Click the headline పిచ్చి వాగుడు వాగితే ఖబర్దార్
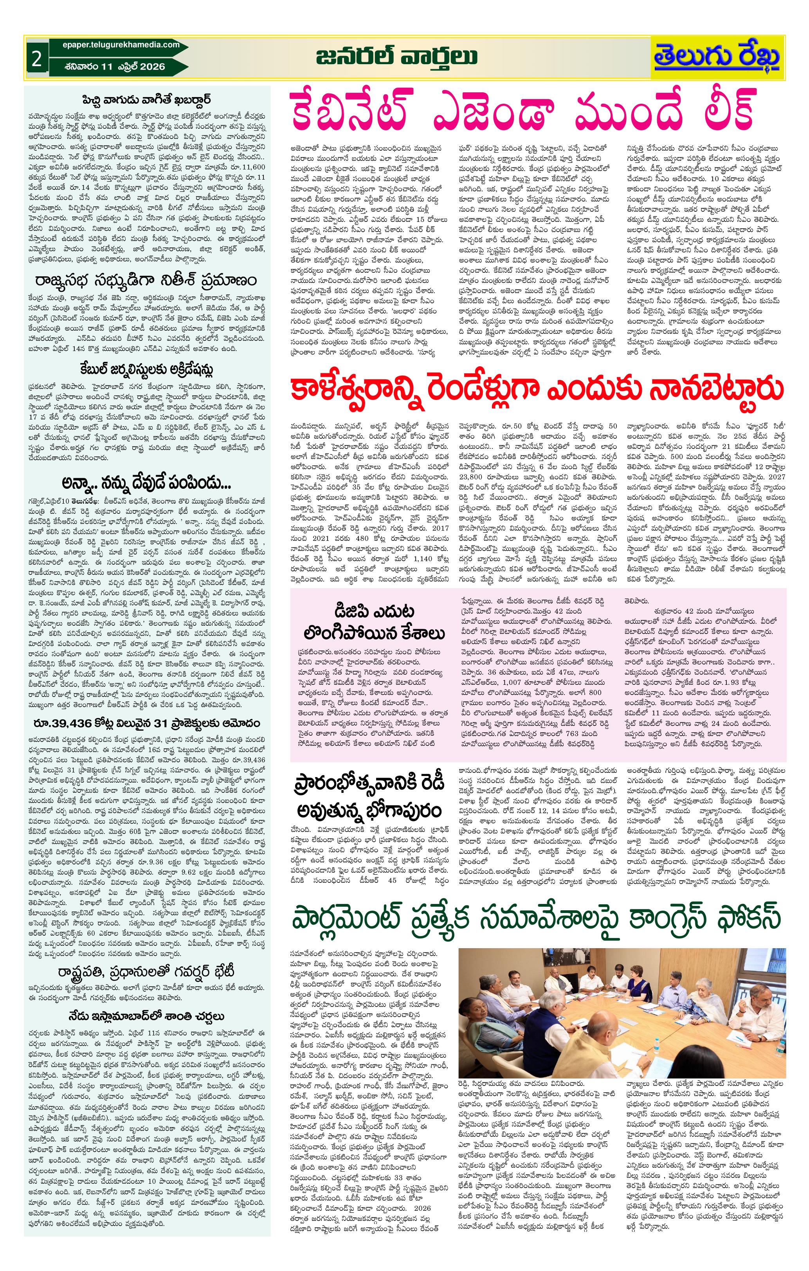(x=147, y=100)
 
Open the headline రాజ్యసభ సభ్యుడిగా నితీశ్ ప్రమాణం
(x=147, y=278)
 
